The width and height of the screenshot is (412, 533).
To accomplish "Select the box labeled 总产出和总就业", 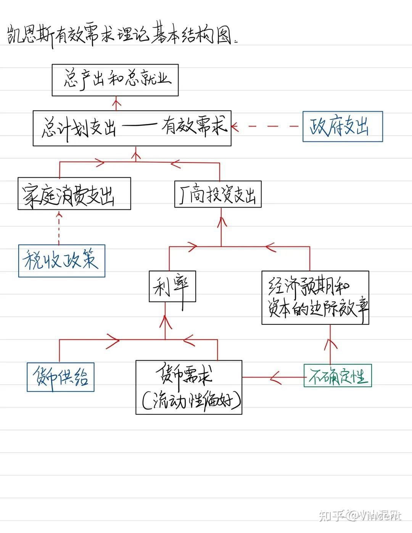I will (115, 80).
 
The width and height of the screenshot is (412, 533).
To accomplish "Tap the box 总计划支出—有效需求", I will (132, 128).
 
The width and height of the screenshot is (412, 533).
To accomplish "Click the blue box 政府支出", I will (343, 127).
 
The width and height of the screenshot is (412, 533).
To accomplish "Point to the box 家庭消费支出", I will (74, 193).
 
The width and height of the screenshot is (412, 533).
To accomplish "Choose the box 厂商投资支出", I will (218, 194).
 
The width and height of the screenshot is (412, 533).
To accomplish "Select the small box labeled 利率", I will (172, 286).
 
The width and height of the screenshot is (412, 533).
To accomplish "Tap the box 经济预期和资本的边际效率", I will (315, 298).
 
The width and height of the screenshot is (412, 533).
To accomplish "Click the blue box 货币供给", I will (60, 377).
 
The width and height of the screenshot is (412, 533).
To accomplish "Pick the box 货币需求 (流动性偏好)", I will (189, 387).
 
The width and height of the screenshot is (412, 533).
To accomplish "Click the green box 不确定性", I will (338, 376).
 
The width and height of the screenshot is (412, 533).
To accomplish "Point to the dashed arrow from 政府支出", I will (267, 126).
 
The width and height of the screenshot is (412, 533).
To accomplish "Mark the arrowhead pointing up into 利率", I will (165, 320).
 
